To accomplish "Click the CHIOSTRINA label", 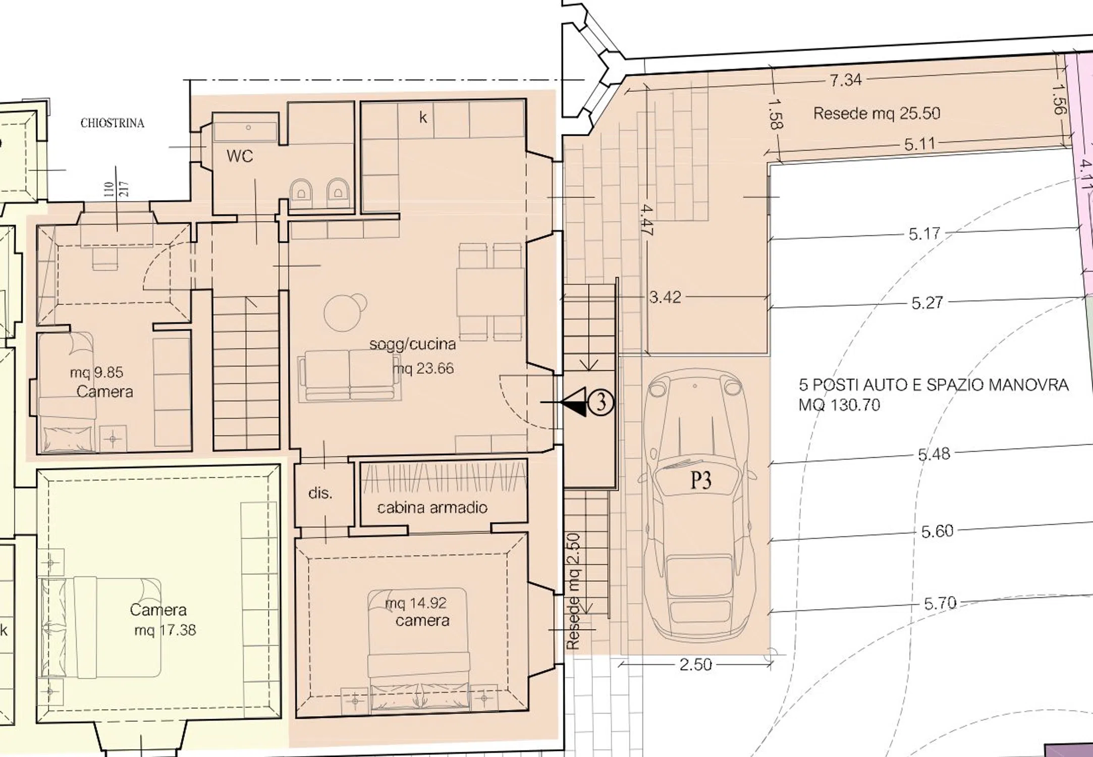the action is click(x=113, y=123).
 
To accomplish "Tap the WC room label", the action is click(x=240, y=156).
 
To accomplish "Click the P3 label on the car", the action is click(x=701, y=480).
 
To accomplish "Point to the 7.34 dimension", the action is click(x=846, y=80).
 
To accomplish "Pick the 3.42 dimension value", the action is click(x=665, y=297).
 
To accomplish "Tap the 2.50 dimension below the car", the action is click(x=696, y=665).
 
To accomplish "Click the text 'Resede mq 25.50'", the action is click(x=877, y=113).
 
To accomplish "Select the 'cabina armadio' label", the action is click(x=432, y=507).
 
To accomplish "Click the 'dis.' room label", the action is click(x=320, y=493).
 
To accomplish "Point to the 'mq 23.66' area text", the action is click(x=423, y=368).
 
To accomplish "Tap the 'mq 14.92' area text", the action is click(x=416, y=603).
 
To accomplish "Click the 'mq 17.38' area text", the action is click(x=165, y=630).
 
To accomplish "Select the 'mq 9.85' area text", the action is click(x=96, y=372).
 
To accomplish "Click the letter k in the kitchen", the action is click(x=423, y=118).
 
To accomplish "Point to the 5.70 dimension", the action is click(x=940, y=603).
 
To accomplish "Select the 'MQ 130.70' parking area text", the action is click(x=839, y=405).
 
